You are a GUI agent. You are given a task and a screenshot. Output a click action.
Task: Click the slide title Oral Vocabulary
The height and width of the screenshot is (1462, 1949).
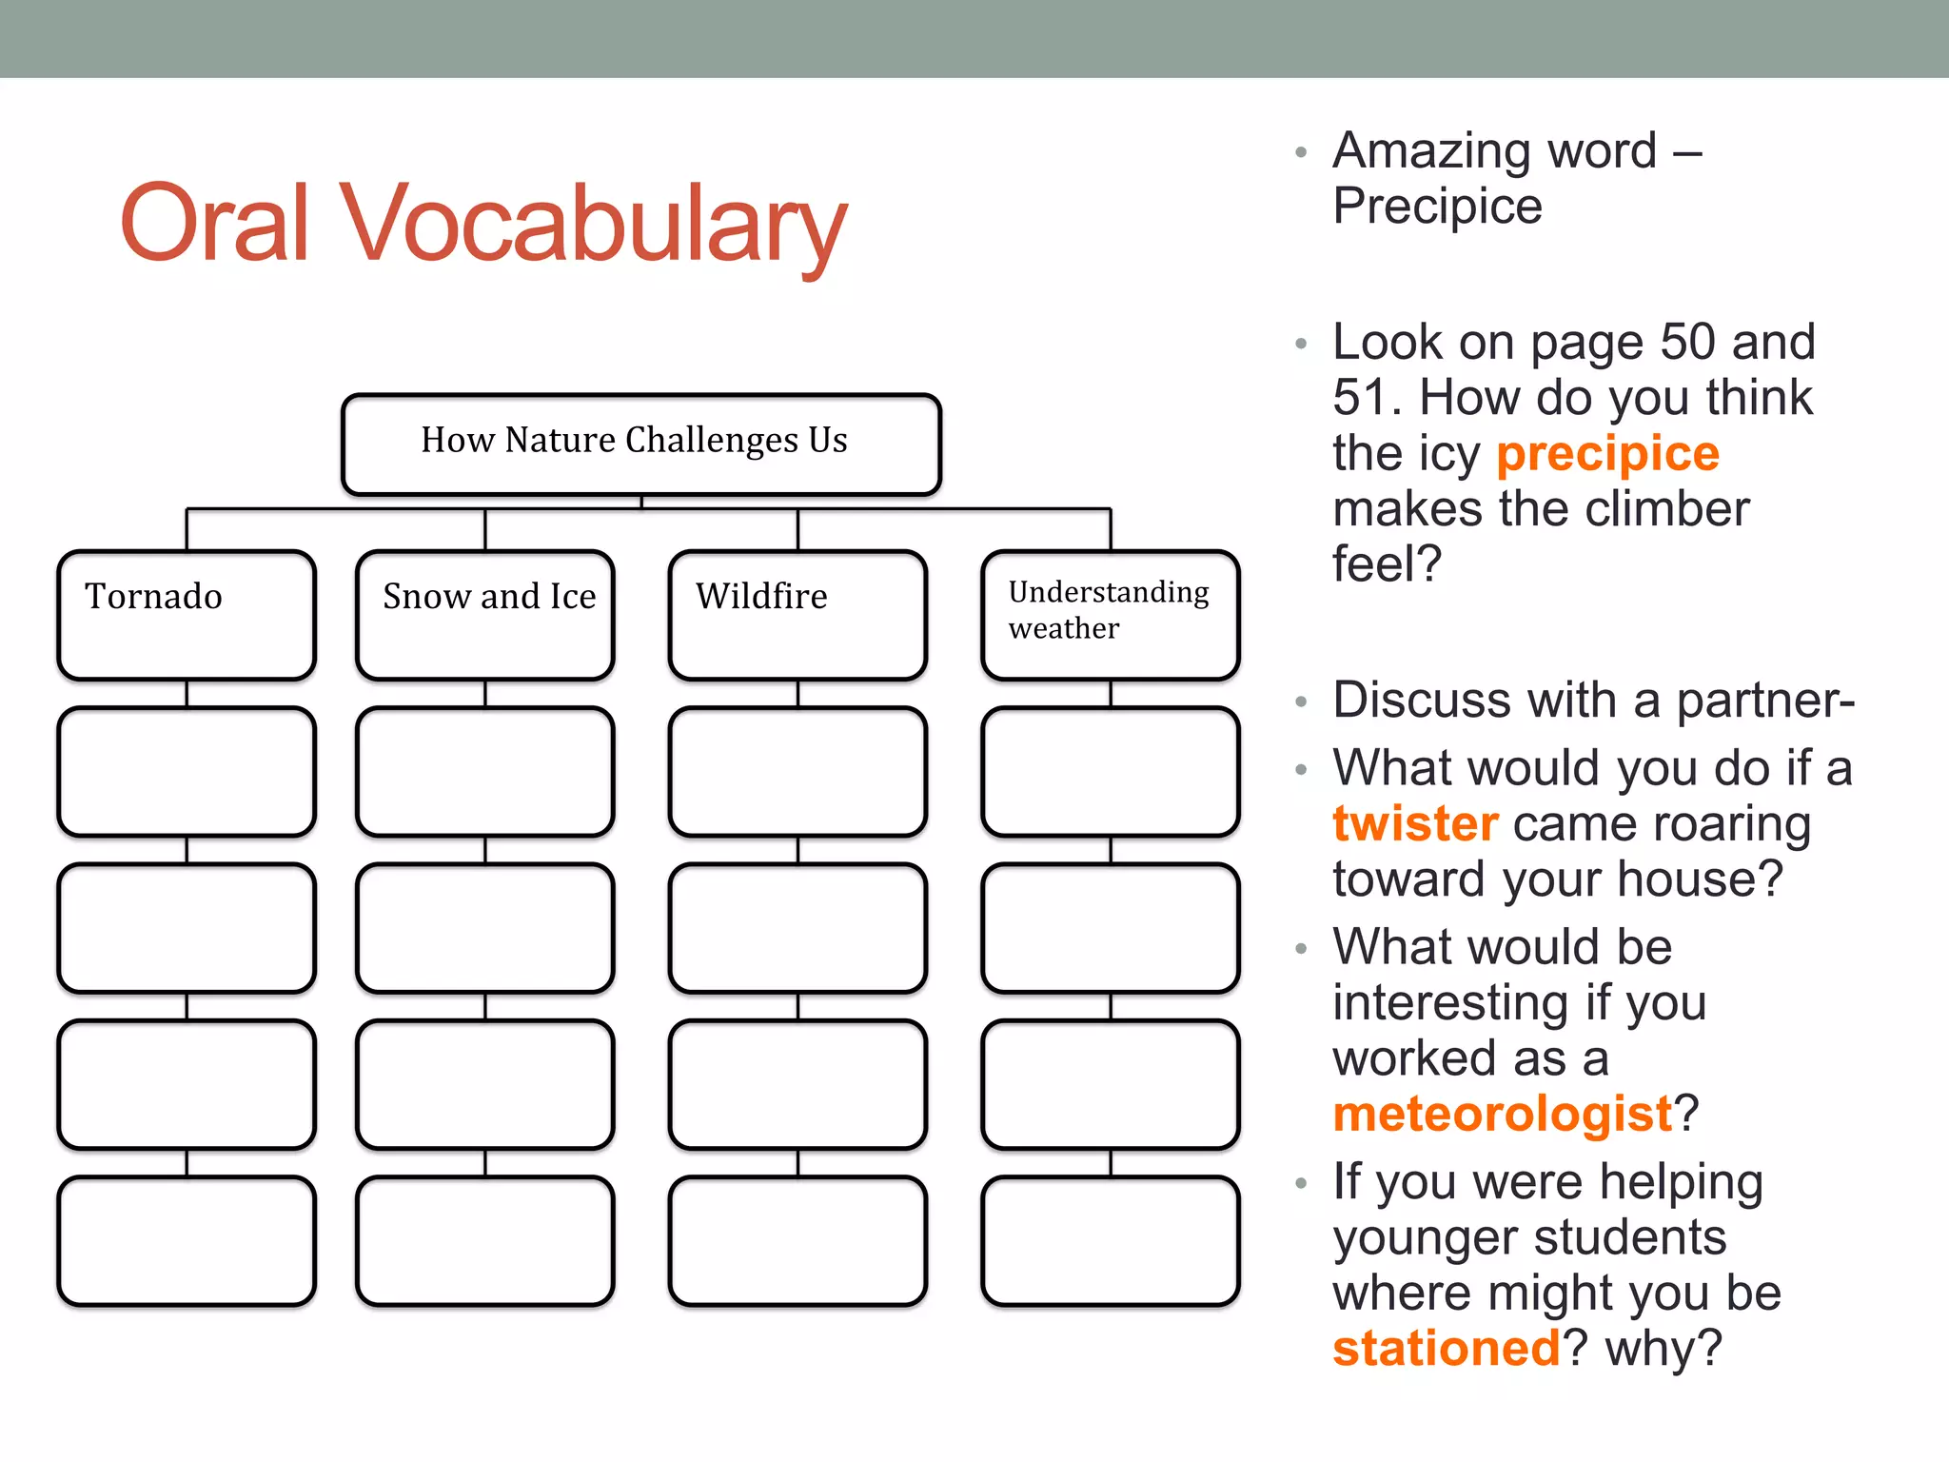pyautogui.click(x=482, y=224)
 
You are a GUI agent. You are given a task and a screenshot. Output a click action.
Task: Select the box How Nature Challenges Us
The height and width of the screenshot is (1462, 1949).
pyautogui.click(x=640, y=444)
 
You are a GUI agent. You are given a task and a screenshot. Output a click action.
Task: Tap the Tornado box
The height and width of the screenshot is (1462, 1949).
pyautogui.click(x=187, y=614)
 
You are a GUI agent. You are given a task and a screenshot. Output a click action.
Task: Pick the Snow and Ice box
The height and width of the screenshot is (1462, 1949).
pyautogui.click(x=485, y=614)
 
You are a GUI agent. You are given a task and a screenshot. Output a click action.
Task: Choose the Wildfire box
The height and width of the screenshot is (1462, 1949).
pyautogui.click(x=797, y=614)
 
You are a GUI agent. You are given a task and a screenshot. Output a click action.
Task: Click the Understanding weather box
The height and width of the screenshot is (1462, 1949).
pyautogui.click(x=1110, y=614)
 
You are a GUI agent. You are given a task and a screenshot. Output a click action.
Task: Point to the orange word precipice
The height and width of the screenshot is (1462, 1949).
pyautogui.click(x=1607, y=453)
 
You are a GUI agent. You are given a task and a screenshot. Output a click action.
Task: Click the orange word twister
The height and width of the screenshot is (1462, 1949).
pyautogui.click(x=1415, y=823)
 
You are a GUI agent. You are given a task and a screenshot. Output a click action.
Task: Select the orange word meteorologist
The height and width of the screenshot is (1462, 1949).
pyautogui.click(x=1502, y=1114)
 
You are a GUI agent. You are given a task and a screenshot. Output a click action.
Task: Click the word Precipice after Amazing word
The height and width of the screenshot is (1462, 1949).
pyautogui.click(x=1437, y=207)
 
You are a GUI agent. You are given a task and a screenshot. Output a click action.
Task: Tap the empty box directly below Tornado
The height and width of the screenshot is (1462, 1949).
pyautogui.click(x=187, y=771)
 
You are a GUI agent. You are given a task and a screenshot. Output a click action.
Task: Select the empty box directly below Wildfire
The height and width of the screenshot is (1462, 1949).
pyautogui.click(x=797, y=771)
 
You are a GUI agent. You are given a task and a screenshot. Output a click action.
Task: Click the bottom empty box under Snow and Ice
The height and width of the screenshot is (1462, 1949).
pyautogui.click(x=485, y=1240)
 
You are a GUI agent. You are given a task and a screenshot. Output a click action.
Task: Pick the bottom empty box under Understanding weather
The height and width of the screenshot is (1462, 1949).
pyautogui.click(x=1110, y=1240)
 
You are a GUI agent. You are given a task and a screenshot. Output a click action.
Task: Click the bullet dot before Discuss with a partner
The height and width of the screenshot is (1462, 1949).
pyautogui.click(x=1301, y=702)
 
